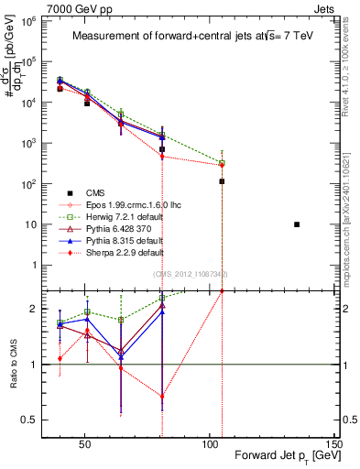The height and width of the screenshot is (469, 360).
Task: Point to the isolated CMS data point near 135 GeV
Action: (297, 224)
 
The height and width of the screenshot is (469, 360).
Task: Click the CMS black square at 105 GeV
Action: (223, 181)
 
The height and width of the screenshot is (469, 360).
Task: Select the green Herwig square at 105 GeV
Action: (223, 163)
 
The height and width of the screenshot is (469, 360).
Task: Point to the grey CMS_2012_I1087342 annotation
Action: (191, 274)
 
